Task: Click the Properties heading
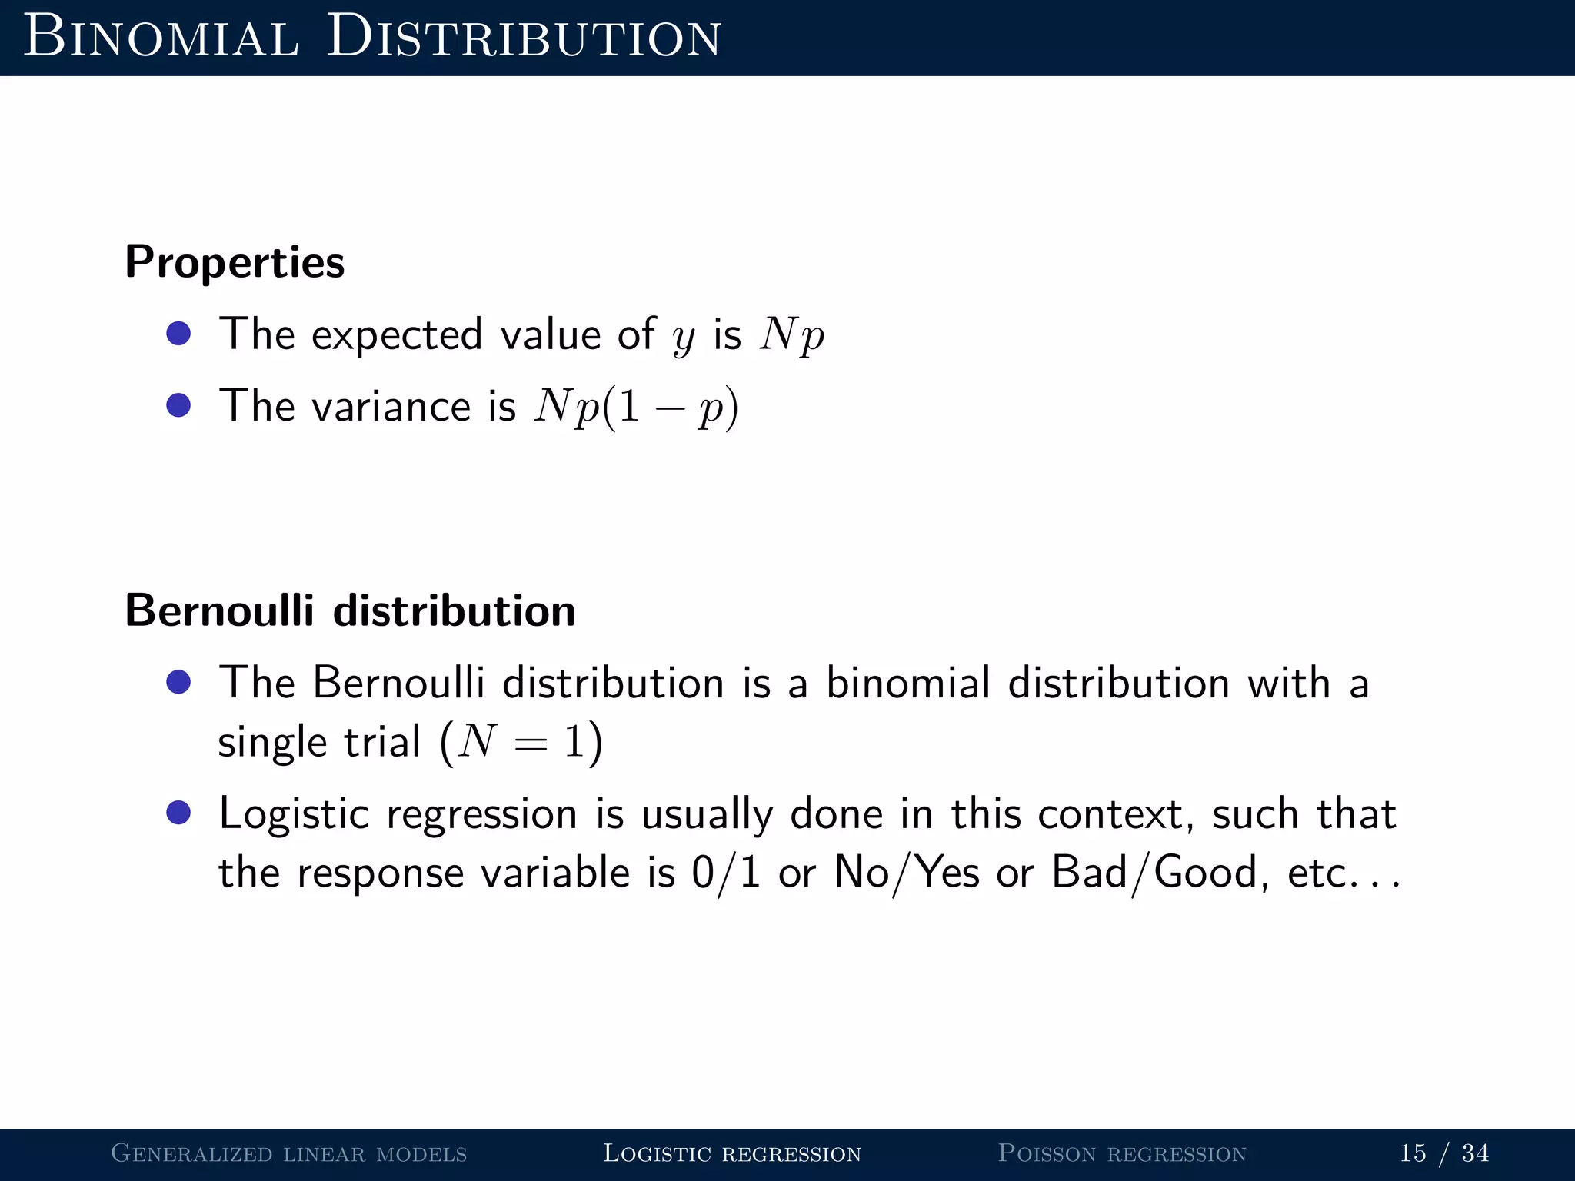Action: [x=235, y=262]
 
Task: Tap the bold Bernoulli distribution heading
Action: [x=350, y=610]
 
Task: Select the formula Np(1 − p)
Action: [x=636, y=407]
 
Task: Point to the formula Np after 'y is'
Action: [x=791, y=335]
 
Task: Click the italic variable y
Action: [x=683, y=337]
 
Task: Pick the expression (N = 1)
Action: [x=521, y=743]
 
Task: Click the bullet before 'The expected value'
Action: [x=178, y=334]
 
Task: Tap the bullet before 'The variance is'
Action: [x=178, y=405]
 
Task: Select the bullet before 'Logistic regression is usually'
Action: [x=178, y=813]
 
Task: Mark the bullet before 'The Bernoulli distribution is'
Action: [x=178, y=682]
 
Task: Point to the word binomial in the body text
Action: [x=907, y=683]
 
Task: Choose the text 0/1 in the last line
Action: [x=726, y=873]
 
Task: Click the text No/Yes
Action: [x=907, y=873]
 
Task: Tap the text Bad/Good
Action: [x=1154, y=873]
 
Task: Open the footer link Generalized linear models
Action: [x=289, y=1153]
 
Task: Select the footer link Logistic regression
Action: [x=732, y=1153]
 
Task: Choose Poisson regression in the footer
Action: [x=1122, y=1153]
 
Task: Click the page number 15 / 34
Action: [x=1443, y=1153]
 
